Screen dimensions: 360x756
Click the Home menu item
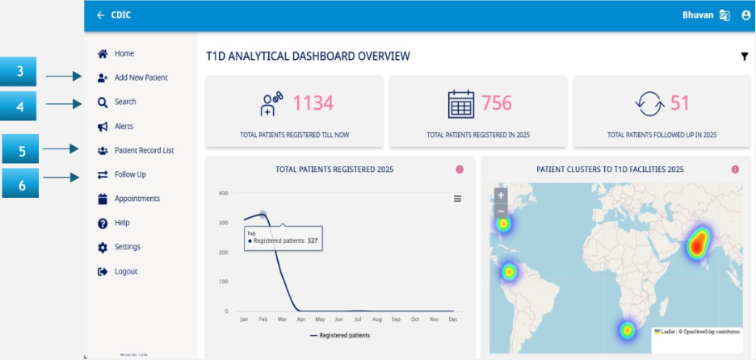click(124, 54)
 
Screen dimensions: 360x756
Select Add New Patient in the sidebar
click(141, 77)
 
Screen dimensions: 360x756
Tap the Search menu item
click(125, 102)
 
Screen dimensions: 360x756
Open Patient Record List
click(144, 150)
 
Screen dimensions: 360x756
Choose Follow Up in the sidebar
click(130, 174)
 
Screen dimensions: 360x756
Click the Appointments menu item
click(136, 199)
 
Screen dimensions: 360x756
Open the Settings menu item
click(127, 247)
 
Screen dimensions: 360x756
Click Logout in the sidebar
click(125, 271)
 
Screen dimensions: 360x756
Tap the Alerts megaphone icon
click(103, 127)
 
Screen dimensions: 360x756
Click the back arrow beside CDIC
click(100, 15)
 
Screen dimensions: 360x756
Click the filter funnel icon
click(744, 57)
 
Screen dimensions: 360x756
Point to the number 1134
click(313, 103)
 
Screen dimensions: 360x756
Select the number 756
click(497, 103)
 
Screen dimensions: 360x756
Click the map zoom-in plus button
click(501, 195)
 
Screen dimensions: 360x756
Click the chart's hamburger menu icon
click(458, 199)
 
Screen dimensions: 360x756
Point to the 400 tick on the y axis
click(223, 194)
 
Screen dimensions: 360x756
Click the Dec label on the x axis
click(452, 320)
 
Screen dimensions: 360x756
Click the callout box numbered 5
click(23, 149)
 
